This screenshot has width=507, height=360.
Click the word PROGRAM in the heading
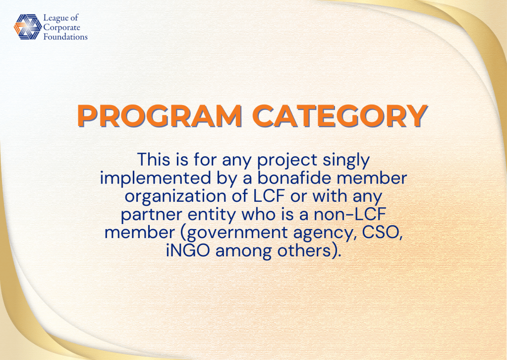[160, 116]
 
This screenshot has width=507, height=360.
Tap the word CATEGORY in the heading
[340, 116]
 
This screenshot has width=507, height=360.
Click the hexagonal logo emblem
[28, 27]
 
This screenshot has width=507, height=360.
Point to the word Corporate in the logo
[62, 27]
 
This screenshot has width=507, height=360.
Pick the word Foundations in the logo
[65, 37]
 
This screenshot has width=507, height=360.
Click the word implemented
[156, 179]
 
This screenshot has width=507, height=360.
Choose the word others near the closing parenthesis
[302, 251]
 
